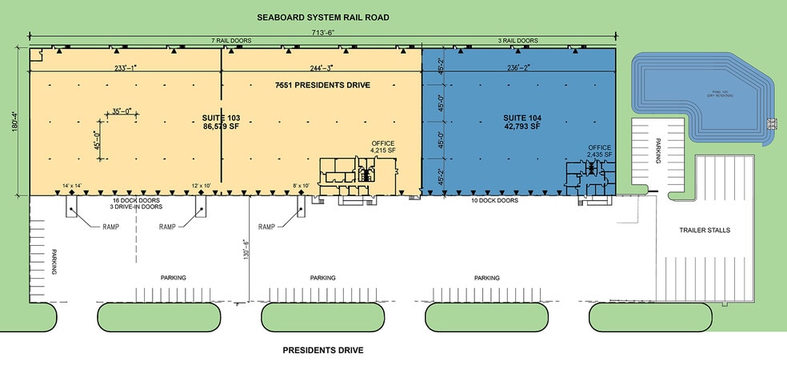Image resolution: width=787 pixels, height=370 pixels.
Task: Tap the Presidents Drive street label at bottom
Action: coord(323,351)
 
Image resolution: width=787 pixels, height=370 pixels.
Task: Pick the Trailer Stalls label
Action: coord(705,230)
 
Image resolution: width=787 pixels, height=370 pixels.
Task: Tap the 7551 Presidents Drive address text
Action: coord(322,84)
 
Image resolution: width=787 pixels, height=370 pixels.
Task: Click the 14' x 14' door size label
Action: coord(72,187)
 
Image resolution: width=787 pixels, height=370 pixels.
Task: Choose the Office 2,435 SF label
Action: coord(600,151)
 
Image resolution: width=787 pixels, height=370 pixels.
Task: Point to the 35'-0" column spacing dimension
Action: coord(121,111)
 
